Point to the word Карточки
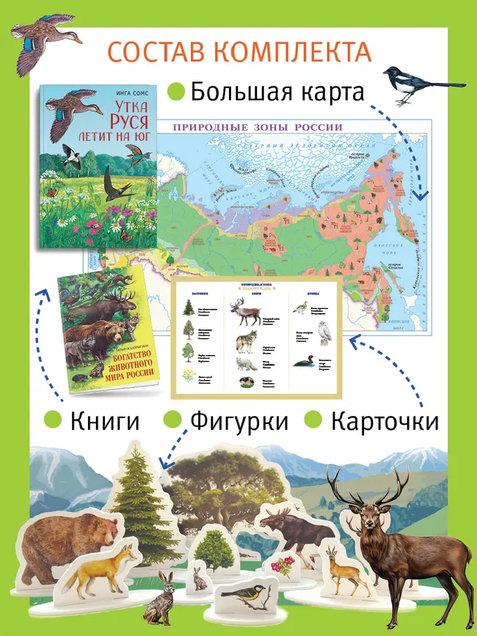point(385,421)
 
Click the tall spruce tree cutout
point(136,488)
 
